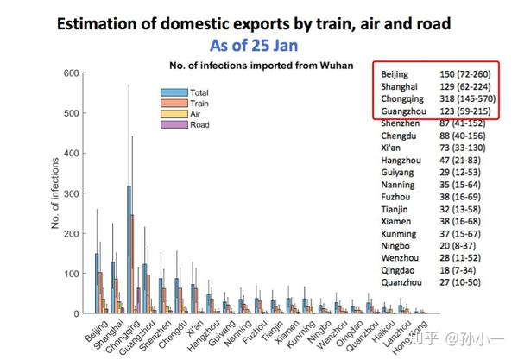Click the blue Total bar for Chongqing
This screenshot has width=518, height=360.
(x=129, y=250)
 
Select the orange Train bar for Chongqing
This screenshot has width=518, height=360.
(x=132, y=263)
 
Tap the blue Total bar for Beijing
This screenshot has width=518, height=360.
(x=97, y=284)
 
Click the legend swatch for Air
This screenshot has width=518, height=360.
(x=174, y=114)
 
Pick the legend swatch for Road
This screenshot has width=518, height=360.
(x=174, y=125)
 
